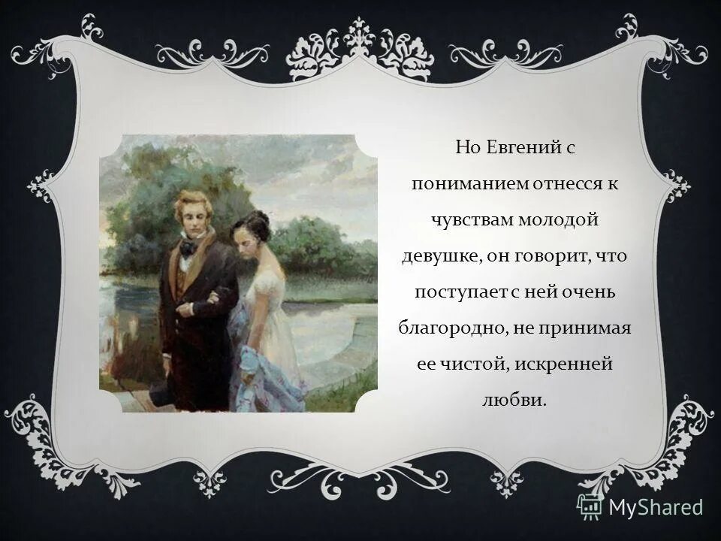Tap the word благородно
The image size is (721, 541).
(445, 328)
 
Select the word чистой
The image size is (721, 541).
(475, 364)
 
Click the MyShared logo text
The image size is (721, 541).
(656, 507)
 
